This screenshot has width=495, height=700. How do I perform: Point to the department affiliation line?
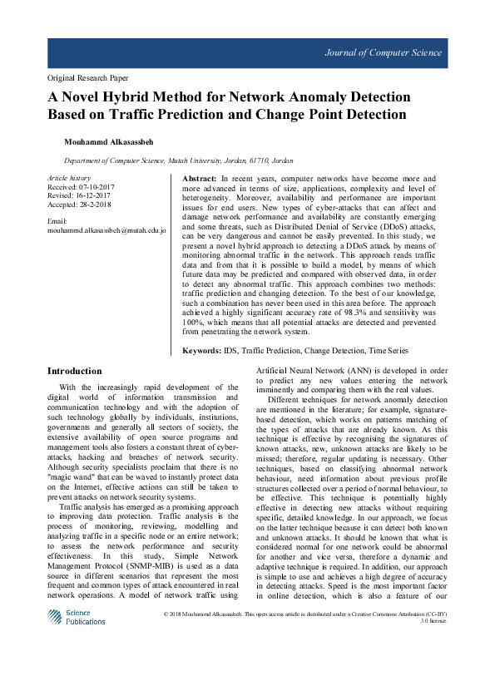point(178,160)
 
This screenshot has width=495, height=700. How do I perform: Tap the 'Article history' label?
point(69,179)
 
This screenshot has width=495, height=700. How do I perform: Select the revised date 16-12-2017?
point(93,196)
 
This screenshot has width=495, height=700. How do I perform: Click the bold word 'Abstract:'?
point(200,179)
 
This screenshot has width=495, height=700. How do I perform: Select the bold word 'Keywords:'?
point(202,352)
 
